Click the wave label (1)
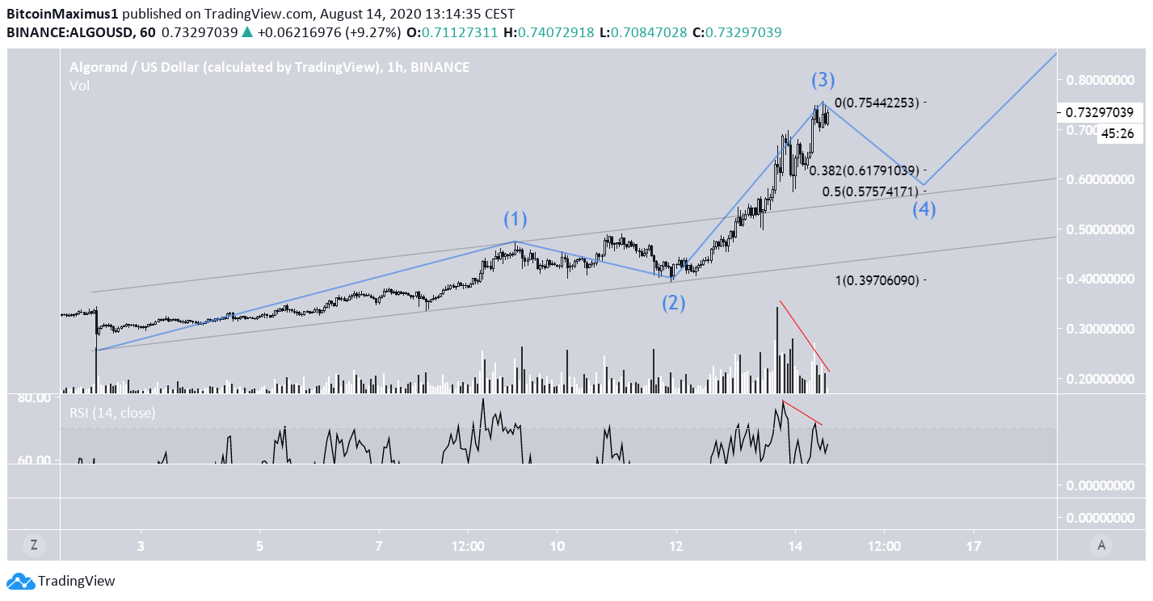515,219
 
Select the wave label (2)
675,304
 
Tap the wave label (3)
823,80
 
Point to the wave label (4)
924,210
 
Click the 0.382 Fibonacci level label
864,170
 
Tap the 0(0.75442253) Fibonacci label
877,103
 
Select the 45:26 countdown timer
1117,134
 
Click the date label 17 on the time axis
974,546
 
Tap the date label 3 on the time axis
141,546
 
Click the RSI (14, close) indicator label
112,413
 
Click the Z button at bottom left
34,545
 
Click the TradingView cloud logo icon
20,581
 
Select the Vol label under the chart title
79,86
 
